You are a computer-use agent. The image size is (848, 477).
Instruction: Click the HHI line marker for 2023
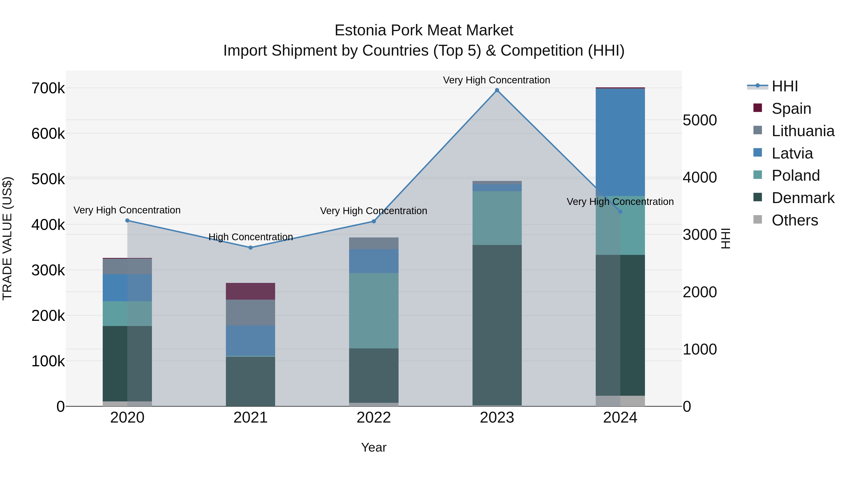[x=497, y=90]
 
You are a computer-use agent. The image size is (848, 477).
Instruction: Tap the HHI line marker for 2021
[x=251, y=248]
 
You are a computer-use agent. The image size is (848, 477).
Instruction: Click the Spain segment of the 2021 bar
[x=251, y=291]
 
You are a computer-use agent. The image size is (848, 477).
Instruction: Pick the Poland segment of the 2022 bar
[x=374, y=310]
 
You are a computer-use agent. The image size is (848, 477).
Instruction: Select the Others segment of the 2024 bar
[x=620, y=401]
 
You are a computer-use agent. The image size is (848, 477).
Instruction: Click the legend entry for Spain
[x=791, y=108]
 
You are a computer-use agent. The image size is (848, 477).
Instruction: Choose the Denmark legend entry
[x=803, y=198]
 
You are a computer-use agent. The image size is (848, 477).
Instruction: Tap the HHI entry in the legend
[x=784, y=86]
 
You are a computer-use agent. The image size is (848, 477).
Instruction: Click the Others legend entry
[x=794, y=220]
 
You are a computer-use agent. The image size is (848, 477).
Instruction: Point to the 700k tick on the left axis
[x=48, y=88]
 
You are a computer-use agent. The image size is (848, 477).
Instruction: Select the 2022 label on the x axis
[x=374, y=418]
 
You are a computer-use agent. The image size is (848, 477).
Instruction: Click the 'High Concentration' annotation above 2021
[x=251, y=237]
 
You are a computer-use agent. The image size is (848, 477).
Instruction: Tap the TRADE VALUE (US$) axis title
[x=7, y=238]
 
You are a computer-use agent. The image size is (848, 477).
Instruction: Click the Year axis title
[x=374, y=447]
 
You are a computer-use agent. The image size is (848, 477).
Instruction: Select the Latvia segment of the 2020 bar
[x=127, y=288]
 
